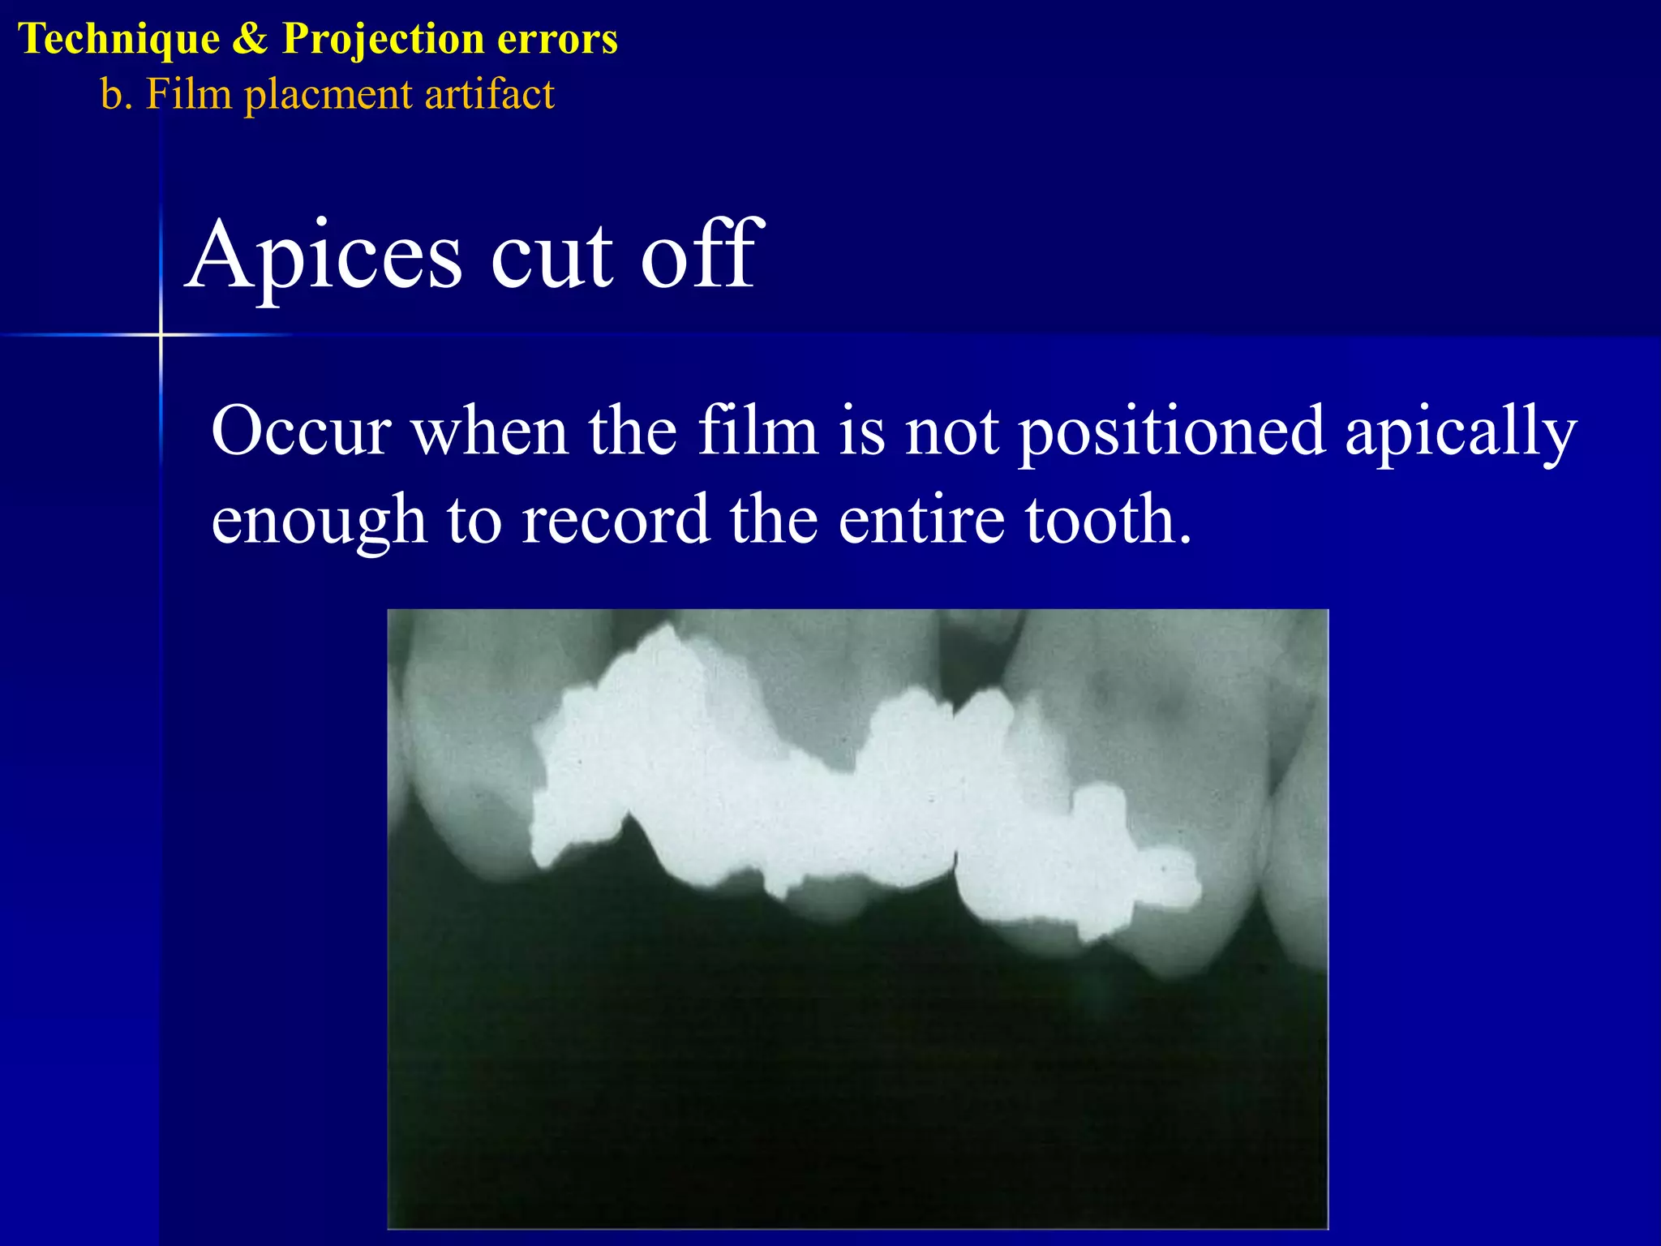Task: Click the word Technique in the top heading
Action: click(x=118, y=39)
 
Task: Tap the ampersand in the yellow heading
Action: click(x=250, y=39)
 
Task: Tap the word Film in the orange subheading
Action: click(x=189, y=93)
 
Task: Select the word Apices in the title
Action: click(x=324, y=258)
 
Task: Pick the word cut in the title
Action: click(x=552, y=258)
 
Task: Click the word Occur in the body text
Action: click(x=302, y=432)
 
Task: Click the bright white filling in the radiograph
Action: click(x=811, y=811)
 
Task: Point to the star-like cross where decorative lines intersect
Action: click(x=161, y=334)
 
